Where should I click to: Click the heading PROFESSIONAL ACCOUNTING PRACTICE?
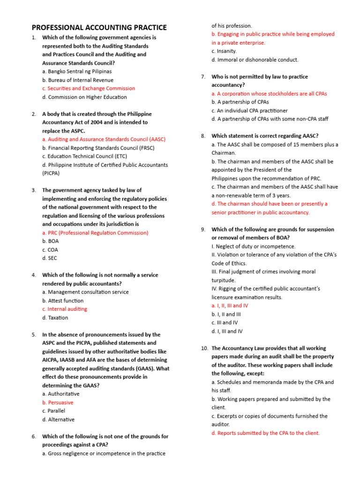click(99, 28)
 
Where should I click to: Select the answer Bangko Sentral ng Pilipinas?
click(77, 71)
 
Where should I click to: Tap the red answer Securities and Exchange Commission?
click(88, 88)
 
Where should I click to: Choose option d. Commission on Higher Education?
click(84, 97)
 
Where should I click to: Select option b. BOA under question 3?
click(50, 241)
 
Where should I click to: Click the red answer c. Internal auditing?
click(64, 309)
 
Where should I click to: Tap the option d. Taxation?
click(55, 317)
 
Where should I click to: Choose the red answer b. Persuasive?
click(58, 402)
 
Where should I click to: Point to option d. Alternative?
click(58, 420)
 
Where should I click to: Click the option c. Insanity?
click(224, 51)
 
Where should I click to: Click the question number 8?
click(203, 136)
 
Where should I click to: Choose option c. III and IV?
click(225, 322)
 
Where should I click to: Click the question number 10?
click(204, 348)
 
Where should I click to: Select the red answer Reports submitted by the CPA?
click(265, 433)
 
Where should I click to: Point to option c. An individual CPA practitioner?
click(249, 110)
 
